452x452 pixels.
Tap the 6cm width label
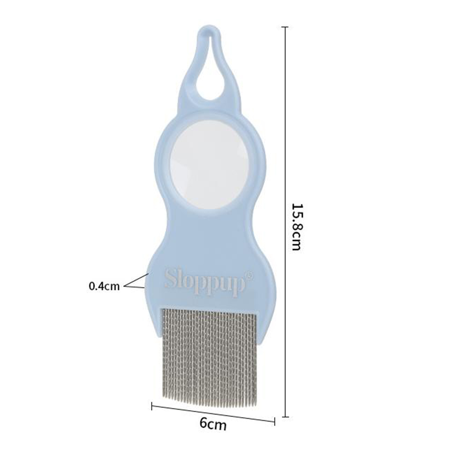coord(213,424)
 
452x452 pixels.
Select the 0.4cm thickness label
coord(104,286)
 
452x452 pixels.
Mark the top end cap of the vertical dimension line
coord(285,27)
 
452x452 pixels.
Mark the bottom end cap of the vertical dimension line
coord(285,416)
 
